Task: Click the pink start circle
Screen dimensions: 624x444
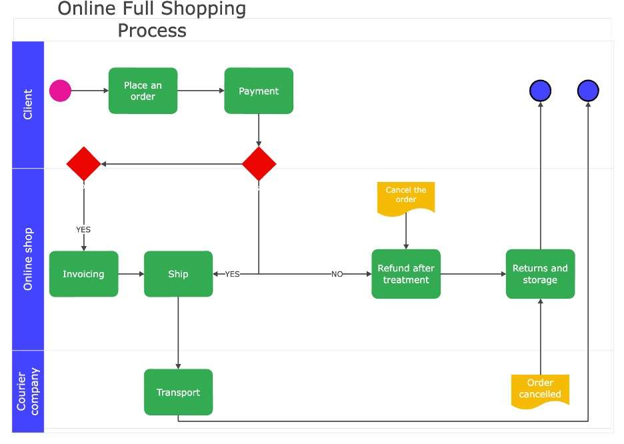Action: click(x=60, y=91)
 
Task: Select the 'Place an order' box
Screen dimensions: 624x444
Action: click(x=143, y=91)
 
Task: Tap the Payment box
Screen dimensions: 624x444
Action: click(x=259, y=91)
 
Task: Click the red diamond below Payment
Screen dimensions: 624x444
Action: click(x=259, y=163)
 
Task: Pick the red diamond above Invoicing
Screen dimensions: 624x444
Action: click(x=83, y=163)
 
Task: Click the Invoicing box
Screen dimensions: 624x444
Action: click(x=83, y=274)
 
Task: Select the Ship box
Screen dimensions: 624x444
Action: click(x=178, y=274)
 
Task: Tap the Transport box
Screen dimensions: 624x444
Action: click(x=178, y=392)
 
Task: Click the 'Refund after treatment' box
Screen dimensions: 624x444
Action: click(x=406, y=274)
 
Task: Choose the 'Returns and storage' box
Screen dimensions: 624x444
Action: click(x=540, y=274)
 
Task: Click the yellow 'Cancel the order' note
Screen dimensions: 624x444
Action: click(x=406, y=199)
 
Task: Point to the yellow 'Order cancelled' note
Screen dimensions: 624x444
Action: click(x=540, y=391)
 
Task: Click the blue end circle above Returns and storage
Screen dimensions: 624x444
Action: click(x=541, y=91)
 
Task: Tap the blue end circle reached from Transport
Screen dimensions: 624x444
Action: click(x=588, y=91)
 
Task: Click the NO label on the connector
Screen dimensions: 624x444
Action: click(x=337, y=274)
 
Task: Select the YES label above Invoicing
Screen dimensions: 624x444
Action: click(x=83, y=229)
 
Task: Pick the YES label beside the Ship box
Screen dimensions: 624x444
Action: click(x=233, y=274)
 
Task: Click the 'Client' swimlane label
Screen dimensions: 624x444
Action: click(x=28, y=104)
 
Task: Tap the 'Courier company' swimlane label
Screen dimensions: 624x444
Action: click(x=28, y=391)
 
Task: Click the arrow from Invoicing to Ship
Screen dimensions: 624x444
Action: click(x=131, y=274)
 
